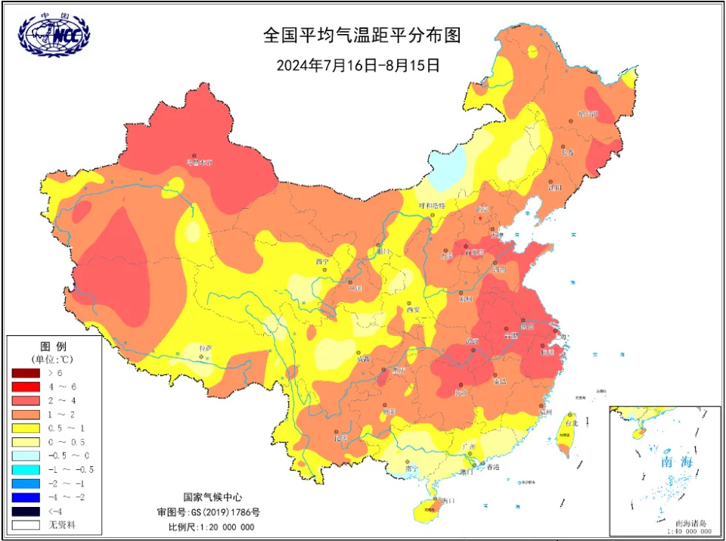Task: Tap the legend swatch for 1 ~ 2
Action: pyautogui.click(x=24, y=415)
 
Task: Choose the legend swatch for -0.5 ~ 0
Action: pyautogui.click(x=24, y=455)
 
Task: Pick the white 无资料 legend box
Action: pyautogui.click(x=24, y=524)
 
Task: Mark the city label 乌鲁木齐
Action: pyautogui.click(x=200, y=162)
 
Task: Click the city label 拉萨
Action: pyautogui.click(x=205, y=348)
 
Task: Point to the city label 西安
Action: pyautogui.click(x=413, y=309)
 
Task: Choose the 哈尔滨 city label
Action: pyautogui.click(x=588, y=113)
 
